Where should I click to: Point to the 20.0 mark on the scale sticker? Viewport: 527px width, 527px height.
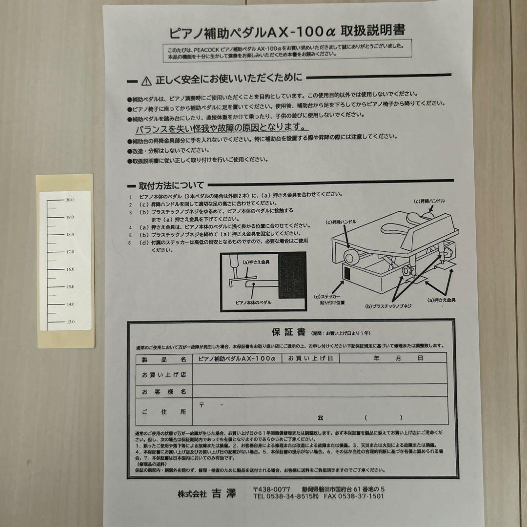click(x=70, y=200)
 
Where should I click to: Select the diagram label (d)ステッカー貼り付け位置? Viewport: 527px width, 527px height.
click(x=327, y=299)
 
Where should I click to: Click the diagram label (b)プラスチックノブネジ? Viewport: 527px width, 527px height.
click(x=388, y=306)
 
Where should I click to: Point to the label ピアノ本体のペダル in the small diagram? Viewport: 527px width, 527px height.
click(x=253, y=302)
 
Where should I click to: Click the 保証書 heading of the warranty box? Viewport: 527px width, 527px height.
click(x=288, y=332)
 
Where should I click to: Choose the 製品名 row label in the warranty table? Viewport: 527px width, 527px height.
click(x=164, y=359)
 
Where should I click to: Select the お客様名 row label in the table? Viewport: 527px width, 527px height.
click(x=164, y=392)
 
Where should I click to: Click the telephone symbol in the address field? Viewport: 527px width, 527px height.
click(x=320, y=418)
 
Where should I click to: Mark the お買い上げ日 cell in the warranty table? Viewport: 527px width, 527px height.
click(x=310, y=358)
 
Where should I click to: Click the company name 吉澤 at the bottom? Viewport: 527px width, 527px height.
click(x=223, y=494)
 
